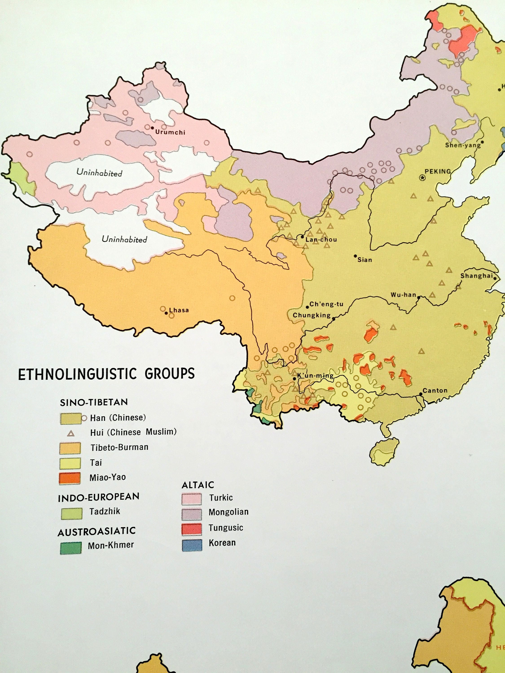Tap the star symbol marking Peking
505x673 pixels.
tap(422, 178)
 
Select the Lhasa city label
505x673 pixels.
tap(179, 310)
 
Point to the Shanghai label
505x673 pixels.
tap(476, 276)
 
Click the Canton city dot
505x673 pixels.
tap(421, 394)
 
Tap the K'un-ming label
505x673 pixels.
tap(315, 376)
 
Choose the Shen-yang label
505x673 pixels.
tap(463, 145)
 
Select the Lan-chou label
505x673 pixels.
tap(321, 239)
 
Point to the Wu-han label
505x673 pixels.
tap(403, 295)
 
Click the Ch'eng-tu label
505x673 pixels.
tap(326, 304)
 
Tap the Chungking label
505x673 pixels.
tap(311, 315)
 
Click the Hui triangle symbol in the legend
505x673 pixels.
tap(71, 433)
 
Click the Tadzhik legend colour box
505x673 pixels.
tap(71, 513)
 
